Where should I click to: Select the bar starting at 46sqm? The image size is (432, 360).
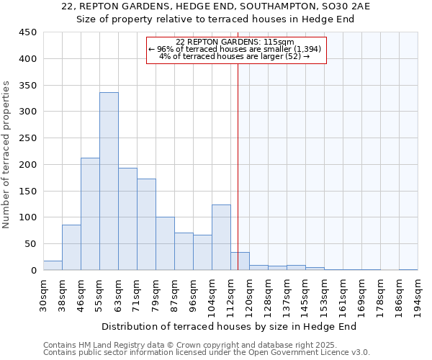(90, 214)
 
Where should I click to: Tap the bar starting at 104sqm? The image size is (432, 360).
(221, 238)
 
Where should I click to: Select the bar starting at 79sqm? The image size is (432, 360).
(165, 243)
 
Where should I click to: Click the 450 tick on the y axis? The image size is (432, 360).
(28, 32)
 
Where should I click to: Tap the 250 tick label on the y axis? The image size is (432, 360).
(28, 138)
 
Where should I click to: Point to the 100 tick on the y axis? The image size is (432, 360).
(28, 217)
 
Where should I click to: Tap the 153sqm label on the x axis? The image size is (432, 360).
(325, 294)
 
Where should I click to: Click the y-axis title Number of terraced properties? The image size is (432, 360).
(6, 155)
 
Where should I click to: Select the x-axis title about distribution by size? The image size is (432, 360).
(229, 326)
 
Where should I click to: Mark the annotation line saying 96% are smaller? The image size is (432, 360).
(238, 49)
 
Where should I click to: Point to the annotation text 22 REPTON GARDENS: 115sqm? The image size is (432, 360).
(235, 42)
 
